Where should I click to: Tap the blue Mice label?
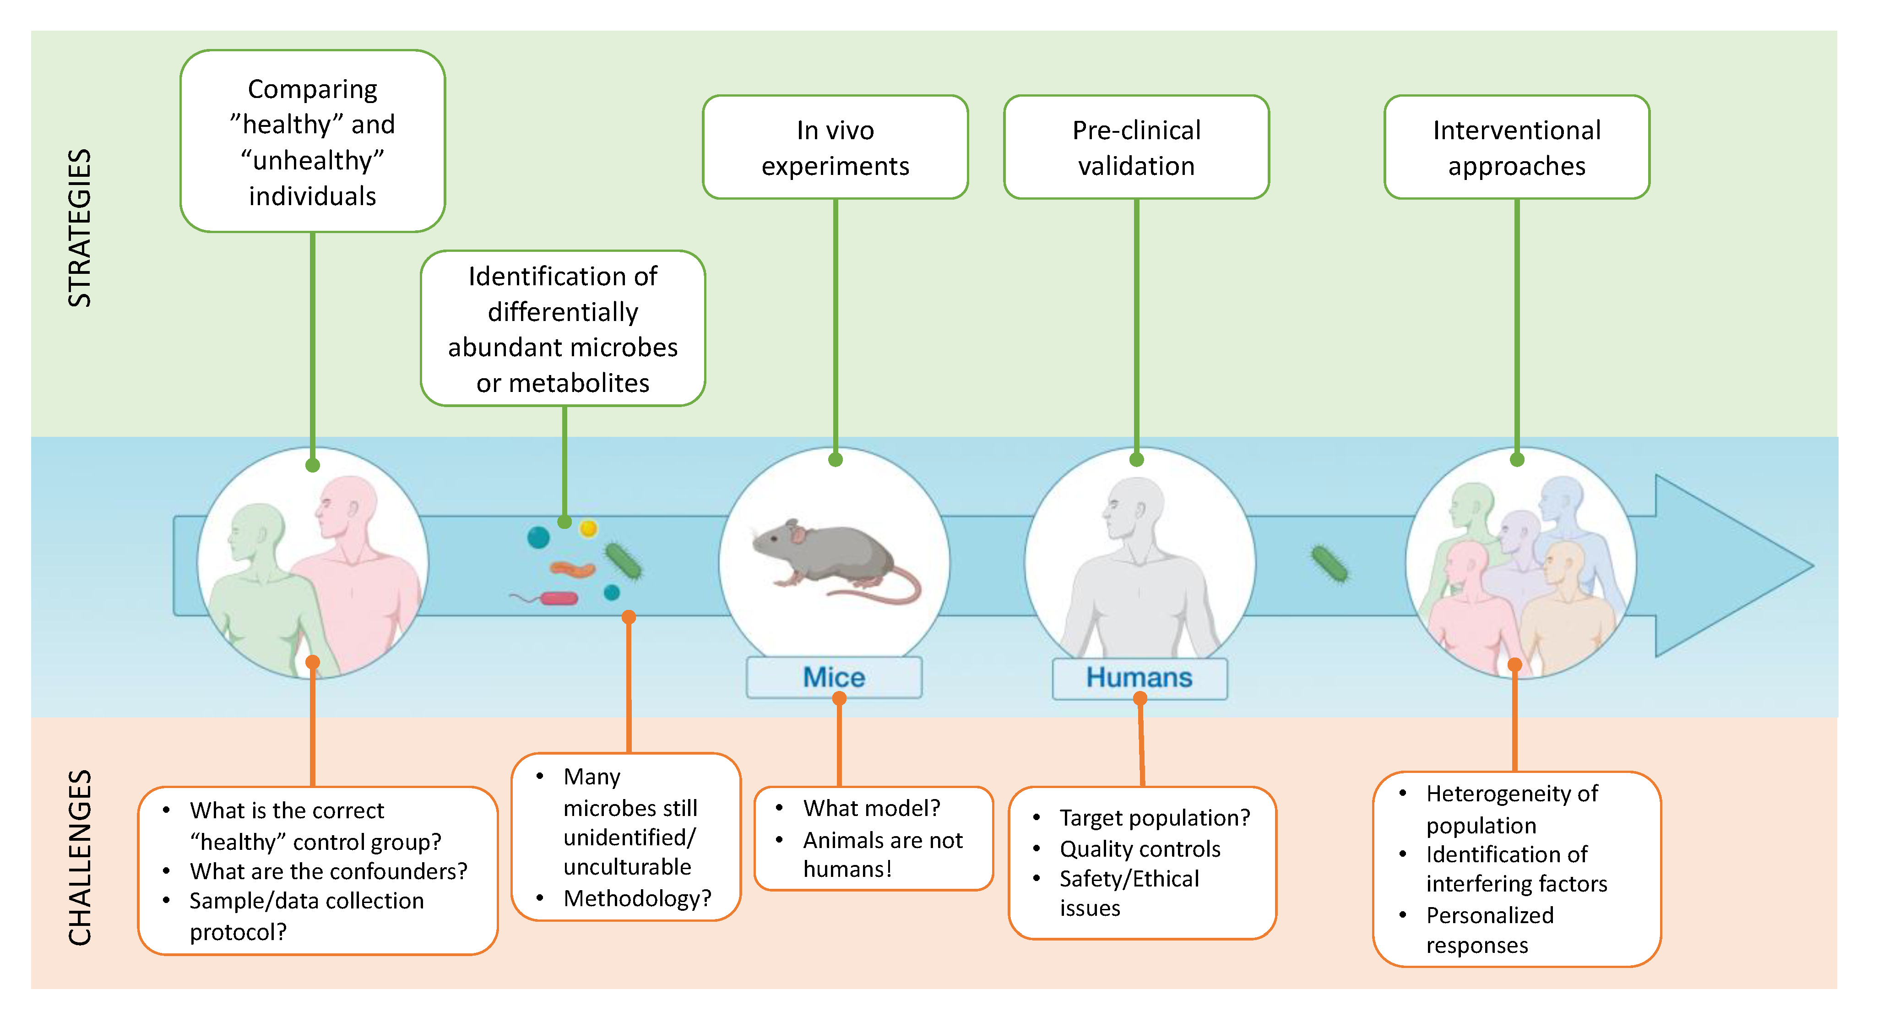[x=834, y=677]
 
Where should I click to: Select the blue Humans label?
[x=1139, y=678]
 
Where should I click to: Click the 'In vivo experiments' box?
[x=836, y=147]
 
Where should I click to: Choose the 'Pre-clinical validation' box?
[x=1137, y=147]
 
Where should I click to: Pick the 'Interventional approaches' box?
[x=1517, y=147]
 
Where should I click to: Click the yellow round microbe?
[x=588, y=528]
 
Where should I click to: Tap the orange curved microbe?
[x=572, y=569]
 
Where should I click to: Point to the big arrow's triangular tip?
[x=1813, y=565]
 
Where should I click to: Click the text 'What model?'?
[x=871, y=808]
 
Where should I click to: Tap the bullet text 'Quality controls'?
[x=1140, y=849]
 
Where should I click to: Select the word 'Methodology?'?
[x=637, y=898]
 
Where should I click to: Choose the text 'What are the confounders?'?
[x=328, y=871]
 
